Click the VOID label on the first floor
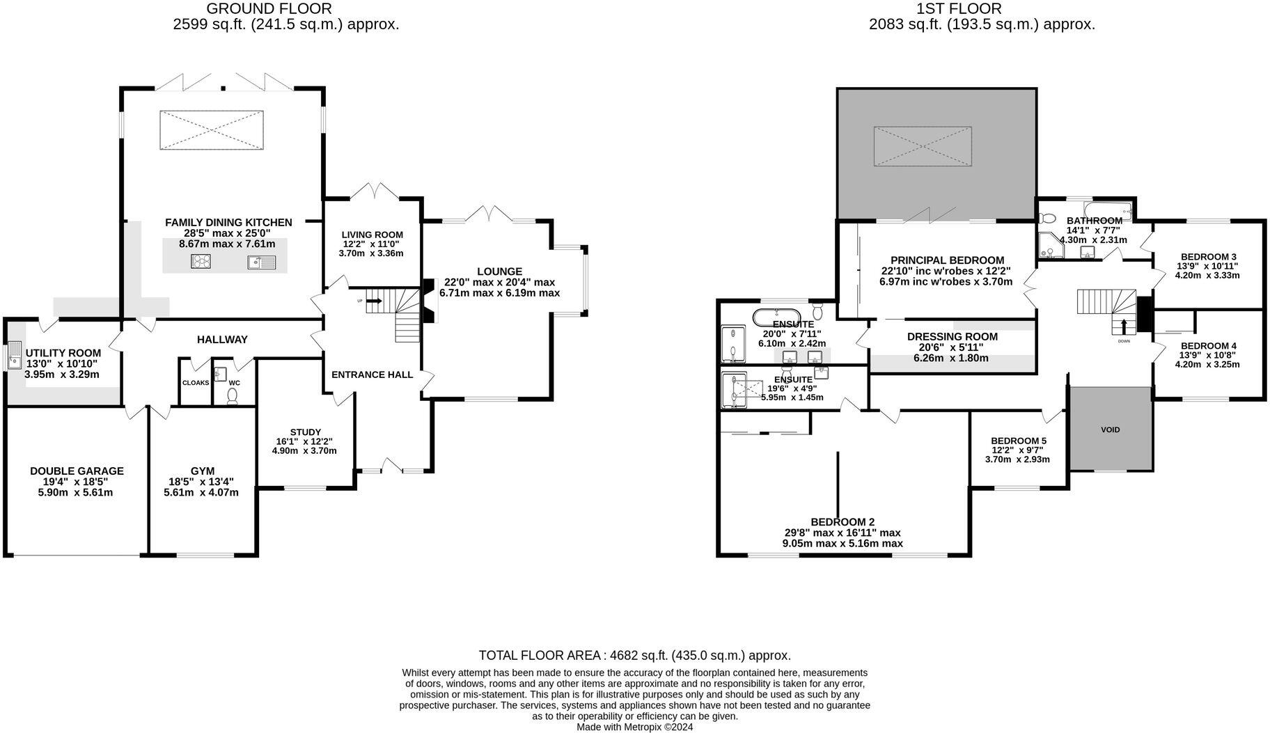[x=1110, y=429]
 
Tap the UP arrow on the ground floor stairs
[x=374, y=301]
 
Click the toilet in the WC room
[x=232, y=395]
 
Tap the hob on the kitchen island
[x=201, y=262]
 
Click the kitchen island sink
[x=262, y=262]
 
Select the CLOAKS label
[x=196, y=383]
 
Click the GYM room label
[x=203, y=471]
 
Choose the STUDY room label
[x=306, y=432]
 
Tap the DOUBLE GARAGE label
[x=77, y=471]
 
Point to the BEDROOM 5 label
[x=1018, y=441]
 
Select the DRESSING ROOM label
[x=952, y=337]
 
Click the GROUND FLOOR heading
[x=269, y=9]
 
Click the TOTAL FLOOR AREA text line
[x=634, y=656]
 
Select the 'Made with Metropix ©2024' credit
[x=634, y=727]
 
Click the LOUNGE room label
[x=499, y=271]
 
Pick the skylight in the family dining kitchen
[x=212, y=129]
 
